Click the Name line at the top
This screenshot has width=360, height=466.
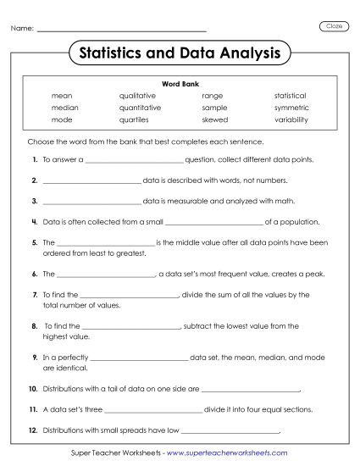pyautogui.click(x=123, y=31)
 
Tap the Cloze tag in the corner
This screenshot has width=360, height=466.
pyautogui.click(x=334, y=26)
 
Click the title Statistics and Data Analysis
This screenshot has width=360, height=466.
pyautogui.click(x=179, y=53)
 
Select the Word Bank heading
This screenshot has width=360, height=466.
pyautogui.click(x=179, y=84)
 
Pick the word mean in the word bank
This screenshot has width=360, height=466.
pyautogui.click(x=61, y=96)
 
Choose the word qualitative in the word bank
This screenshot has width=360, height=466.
pyautogui.click(x=138, y=96)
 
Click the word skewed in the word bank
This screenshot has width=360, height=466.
pyautogui.click(x=214, y=119)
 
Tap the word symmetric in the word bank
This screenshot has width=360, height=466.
pyautogui.click(x=291, y=108)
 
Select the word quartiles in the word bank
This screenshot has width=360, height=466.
pyautogui.click(x=136, y=119)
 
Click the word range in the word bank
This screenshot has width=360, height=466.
pyautogui.click(x=212, y=96)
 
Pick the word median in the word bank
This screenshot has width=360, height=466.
pyautogui.click(x=64, y=108)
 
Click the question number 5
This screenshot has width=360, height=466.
pyautogui.click(x=34, y=242)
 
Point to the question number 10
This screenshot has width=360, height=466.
pyautogui.click(x=33, y=390)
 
